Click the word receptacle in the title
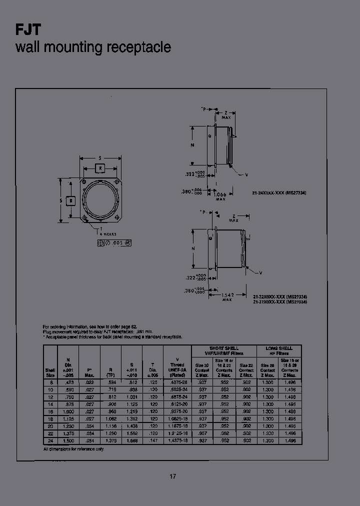138,47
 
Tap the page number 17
172,476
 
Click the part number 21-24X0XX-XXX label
282,192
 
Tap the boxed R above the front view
100,168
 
